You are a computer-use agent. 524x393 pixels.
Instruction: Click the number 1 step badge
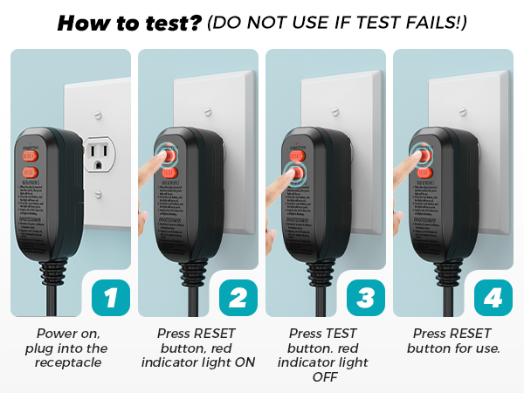click(x=110, y=297)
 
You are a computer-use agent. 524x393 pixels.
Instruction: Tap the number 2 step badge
click(x=238, y=297)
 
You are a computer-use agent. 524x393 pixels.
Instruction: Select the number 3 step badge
click(x=365, y=297)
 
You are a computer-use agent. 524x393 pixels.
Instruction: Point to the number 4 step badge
click(x=493, y=297)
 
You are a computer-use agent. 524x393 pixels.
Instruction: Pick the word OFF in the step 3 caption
click(x=326, y=376)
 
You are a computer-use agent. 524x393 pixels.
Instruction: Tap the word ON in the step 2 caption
click(x=245, y=362)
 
